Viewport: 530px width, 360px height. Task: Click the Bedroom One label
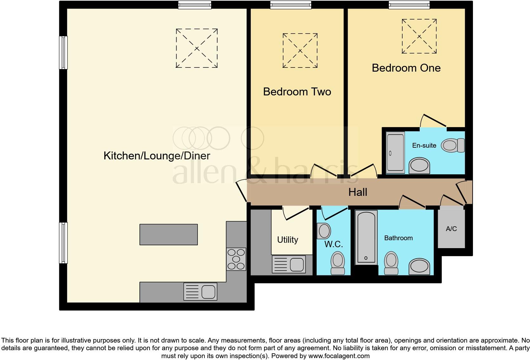tap(406, 68)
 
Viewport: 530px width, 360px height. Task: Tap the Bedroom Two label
tap(297, 92)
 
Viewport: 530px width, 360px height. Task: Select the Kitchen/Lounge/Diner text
tap(157, 156)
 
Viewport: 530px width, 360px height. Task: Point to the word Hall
tap(358, 192)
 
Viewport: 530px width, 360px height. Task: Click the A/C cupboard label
tap(451, 228)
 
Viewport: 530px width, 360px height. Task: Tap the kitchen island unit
tap(169, 235)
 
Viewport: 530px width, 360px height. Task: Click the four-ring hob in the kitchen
tap(236, 259)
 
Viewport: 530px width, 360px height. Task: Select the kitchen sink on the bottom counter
tap(200, 292)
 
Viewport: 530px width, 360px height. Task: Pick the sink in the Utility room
tap(289, 264)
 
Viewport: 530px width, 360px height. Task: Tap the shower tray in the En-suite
tap(395, 153)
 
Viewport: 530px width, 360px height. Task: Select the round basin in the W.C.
tap(325, 230)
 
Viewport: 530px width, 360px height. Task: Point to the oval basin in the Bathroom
tap(419, 266)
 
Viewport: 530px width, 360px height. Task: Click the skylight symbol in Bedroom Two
tap(300, 50)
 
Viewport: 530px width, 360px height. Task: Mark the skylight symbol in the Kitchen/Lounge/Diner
tap(197, 48)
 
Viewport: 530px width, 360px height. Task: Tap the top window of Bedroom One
tap(410, 5)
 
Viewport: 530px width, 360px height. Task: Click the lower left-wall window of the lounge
tap(63, 243)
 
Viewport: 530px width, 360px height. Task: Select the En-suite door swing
tap(433, 121)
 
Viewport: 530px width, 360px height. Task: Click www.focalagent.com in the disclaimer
tap(339, 356)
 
